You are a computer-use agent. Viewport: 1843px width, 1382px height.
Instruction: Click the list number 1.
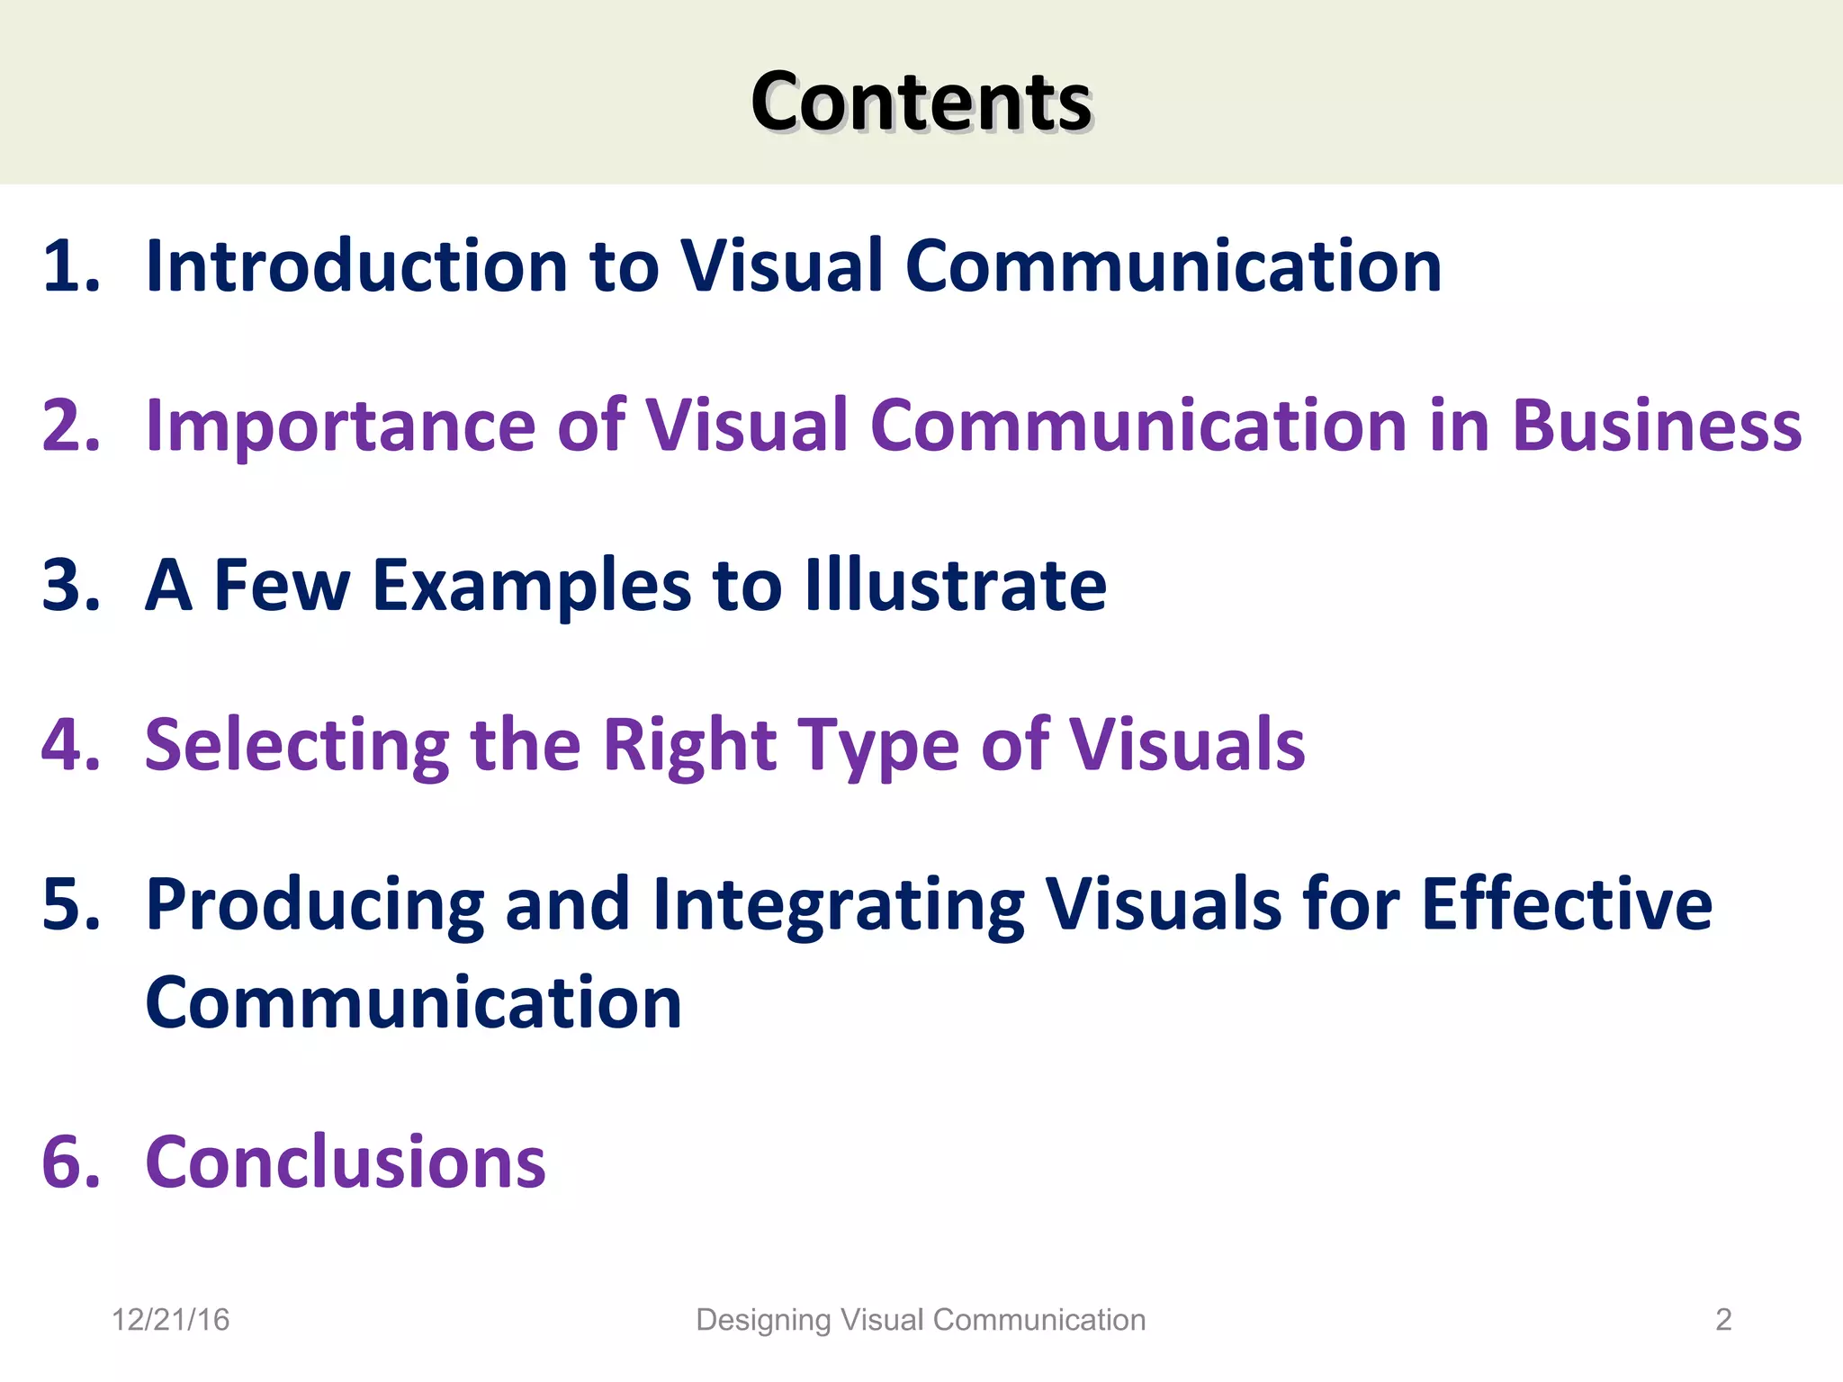point(70,266)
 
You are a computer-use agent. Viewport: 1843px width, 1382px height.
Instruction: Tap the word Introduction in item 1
point(356,266)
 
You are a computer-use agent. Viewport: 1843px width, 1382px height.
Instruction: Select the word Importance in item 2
point(340,426)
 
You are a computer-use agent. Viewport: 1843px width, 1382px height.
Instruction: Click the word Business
point(1657,426)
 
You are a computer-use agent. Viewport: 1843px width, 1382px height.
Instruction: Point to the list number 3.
point(70,586)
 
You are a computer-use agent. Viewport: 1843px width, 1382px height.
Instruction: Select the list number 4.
point(70,745)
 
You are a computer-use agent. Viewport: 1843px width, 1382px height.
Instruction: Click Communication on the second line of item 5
point(414,1002)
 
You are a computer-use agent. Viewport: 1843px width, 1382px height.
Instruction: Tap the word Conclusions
point(346,1162)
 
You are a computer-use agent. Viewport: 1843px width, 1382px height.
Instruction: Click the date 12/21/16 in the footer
point(170,1320)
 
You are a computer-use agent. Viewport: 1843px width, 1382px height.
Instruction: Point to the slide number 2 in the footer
point(1723,1320)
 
